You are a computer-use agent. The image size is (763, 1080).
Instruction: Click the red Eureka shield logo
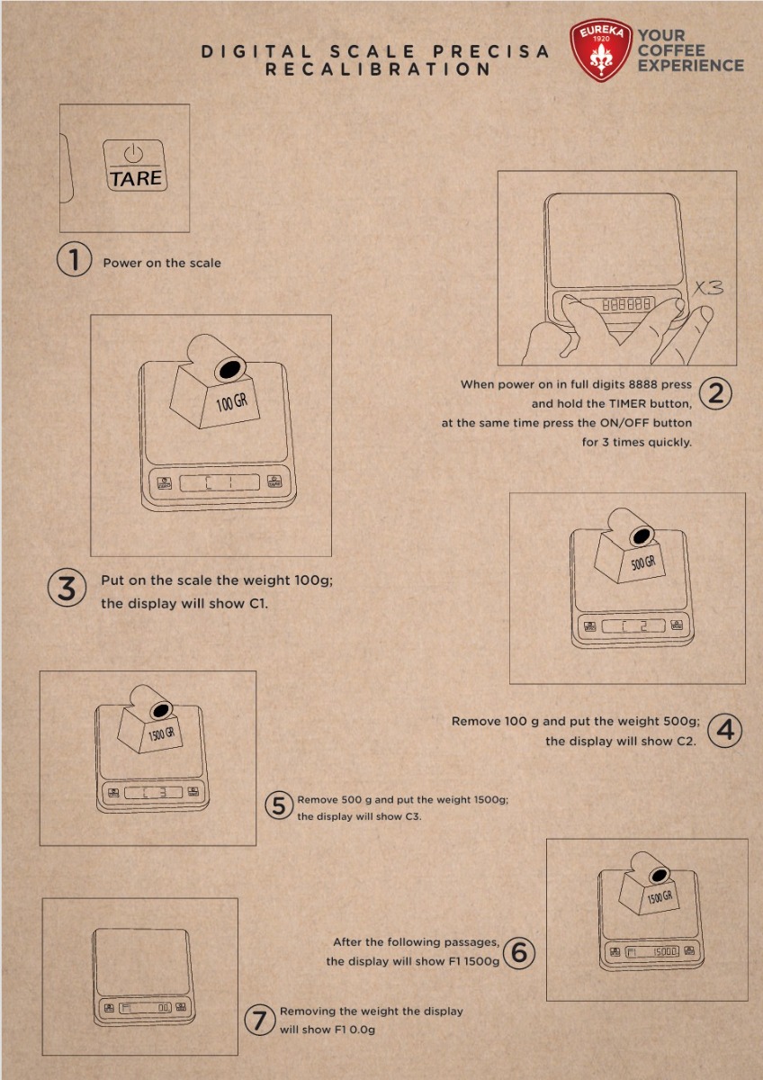pos(600,50)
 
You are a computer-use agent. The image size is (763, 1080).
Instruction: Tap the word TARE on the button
pos(136,178)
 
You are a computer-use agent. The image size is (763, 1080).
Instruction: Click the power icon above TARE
pos(133,154)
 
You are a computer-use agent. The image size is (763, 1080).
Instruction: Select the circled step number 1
pos(74,259)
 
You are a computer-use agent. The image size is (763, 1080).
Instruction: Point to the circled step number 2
pos(716,393)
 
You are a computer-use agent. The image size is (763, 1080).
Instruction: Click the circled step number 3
pos(67,589)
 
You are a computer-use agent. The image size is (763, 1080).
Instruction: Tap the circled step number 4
pos(725,731)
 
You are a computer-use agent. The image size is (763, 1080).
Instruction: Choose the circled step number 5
pos(279,805)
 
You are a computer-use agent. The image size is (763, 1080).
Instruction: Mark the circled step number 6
pos(518,953)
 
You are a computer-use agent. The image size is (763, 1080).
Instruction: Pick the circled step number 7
pos(260,1021)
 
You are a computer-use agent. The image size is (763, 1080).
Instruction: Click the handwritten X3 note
pos(708,288)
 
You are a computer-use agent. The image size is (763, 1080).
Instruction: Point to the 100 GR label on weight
pos(232,402)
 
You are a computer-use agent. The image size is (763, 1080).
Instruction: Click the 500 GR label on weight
pos(643,562)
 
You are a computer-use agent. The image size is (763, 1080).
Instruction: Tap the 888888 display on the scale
pos(626,304)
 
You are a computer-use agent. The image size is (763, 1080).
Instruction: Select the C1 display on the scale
pos(220,482)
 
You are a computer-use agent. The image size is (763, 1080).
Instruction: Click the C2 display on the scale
pos(633,626)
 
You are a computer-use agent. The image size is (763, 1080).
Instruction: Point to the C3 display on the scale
pos(154,793)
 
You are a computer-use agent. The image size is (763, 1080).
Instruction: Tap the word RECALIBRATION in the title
pos(378,69)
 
